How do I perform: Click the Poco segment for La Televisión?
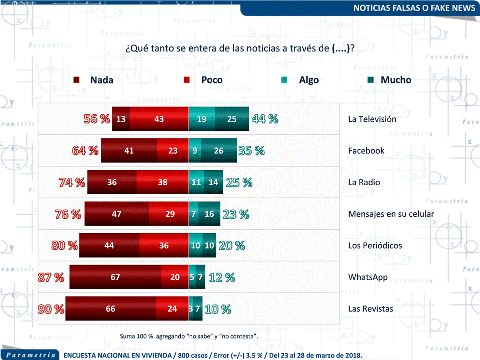tap(159, 119)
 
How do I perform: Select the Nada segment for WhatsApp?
tap(115, 277)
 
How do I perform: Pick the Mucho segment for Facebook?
tap(219, 150)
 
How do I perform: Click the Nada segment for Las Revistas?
tap(110, 309)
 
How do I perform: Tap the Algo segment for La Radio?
tap(196, 182)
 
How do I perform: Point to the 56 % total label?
tap(96, 119)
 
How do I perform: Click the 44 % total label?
tap(265, 119)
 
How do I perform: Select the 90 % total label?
tap(51, 309)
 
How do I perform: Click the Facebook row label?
tap(366, 150)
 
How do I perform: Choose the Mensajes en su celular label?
tap(391, 214)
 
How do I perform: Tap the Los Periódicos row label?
tap(375, 245)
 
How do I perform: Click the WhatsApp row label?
tap(368, 277)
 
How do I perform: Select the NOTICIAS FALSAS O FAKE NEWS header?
tap(414, 8)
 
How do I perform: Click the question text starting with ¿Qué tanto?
tap(240, 48)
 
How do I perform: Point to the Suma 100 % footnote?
tap(189, 336)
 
